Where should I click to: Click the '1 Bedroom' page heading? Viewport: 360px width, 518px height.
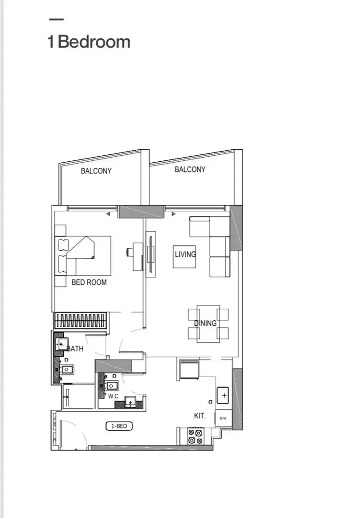coord(89,42)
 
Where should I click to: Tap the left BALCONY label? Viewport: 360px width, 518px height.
coord(96,171)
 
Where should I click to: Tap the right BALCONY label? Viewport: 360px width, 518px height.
coord(190,170)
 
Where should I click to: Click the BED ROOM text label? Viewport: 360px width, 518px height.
coord(89,282)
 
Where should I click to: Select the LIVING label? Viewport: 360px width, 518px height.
coord(185,254)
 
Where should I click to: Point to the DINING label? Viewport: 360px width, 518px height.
coord(205,323)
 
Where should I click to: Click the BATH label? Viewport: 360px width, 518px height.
coord(76,348)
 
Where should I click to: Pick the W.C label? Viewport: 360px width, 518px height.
coord(113,396)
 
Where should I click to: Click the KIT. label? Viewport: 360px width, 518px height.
coord(200,416)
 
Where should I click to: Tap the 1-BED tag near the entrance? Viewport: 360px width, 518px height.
coord(119,426)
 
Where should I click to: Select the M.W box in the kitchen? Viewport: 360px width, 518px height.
coord(223,418)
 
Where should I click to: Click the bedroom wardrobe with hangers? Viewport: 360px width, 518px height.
coord(81,320)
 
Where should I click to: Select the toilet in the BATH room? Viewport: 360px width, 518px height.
coord(67,369)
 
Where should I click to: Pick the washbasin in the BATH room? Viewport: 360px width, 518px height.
coord(61,344)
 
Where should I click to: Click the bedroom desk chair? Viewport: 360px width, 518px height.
coord(129,252)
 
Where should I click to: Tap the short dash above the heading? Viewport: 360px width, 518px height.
coord(56,19)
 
